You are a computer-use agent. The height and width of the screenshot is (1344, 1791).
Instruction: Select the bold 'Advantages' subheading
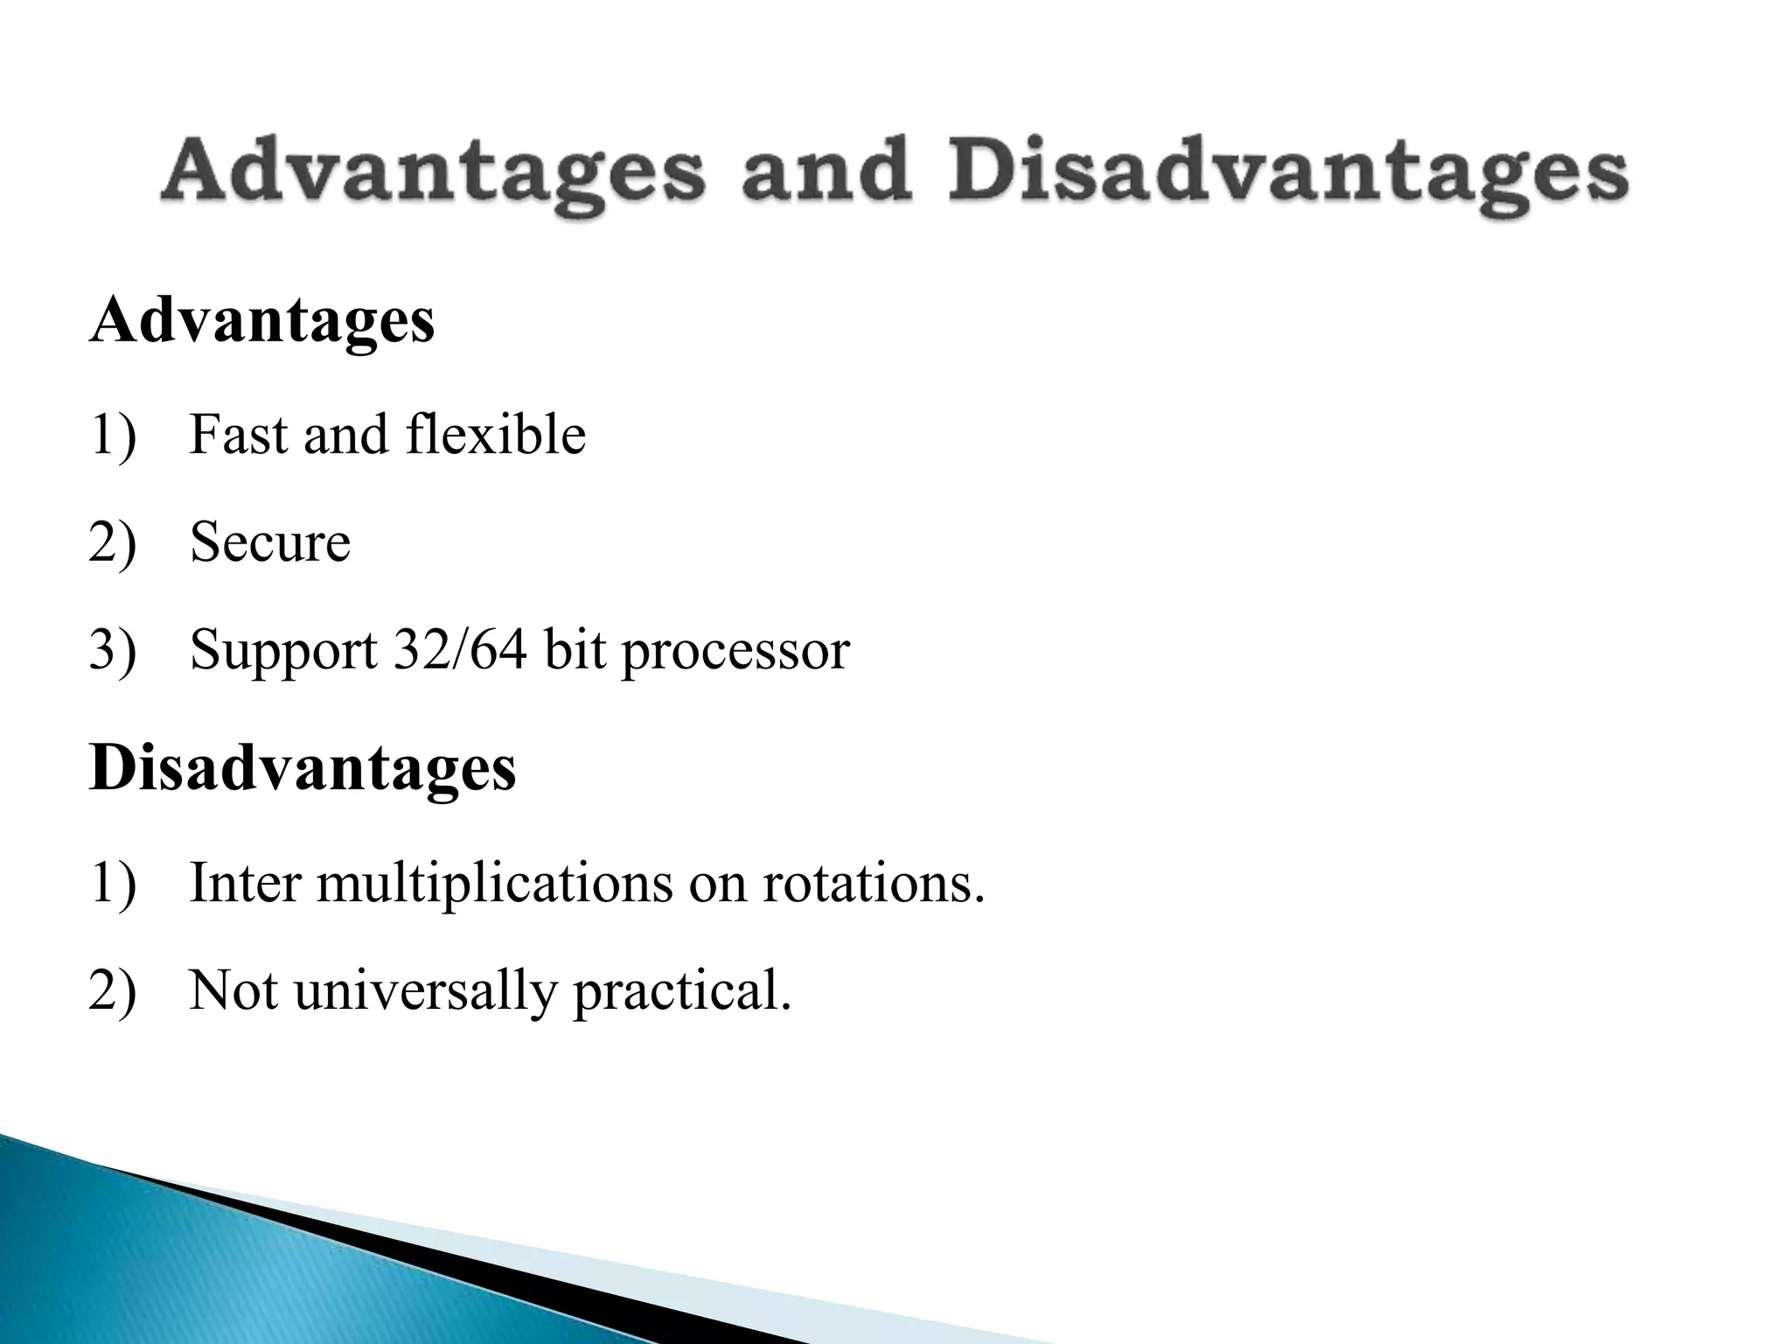point(261,322)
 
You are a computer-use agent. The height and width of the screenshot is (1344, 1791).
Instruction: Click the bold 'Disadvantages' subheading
point(303,768)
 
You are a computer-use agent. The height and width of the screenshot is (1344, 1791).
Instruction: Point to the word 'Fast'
point(238,435)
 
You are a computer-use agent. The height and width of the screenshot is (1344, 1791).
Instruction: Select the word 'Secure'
point(269,542)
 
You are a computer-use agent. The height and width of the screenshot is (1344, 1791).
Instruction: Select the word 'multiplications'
point(494,884)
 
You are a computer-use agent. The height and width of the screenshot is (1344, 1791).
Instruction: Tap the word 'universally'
point(425,992)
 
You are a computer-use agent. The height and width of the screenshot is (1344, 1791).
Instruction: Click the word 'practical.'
point(682,992)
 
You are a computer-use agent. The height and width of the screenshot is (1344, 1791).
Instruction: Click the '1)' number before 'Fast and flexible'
point(113,436)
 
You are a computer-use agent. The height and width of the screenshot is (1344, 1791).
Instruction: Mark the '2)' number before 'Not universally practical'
point(113,991)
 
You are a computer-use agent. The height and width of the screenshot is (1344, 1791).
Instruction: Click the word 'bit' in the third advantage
point(575,650)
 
